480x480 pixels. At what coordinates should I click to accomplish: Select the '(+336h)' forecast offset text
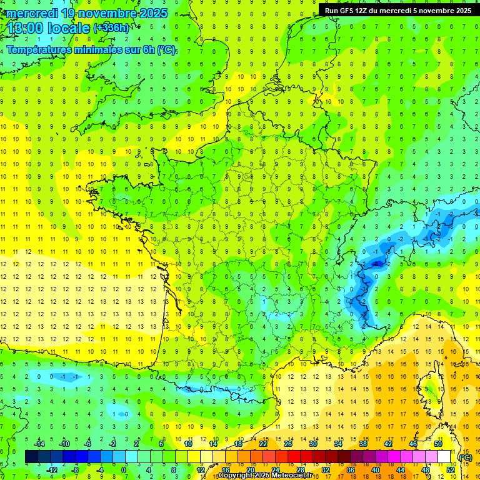point(111,27)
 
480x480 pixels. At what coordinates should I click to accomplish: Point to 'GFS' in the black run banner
point(347,10)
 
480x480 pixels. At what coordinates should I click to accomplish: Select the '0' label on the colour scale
point(124,469)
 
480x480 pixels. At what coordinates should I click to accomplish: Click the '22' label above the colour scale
point(263,444)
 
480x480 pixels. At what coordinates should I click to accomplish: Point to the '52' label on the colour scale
point(451,469)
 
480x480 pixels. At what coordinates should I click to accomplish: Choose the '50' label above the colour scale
point(438,444)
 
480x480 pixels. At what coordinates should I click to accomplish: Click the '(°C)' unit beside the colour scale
point(466,457)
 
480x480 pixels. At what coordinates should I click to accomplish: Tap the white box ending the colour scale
point(444,457)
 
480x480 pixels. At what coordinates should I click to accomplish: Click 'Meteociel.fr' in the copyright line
point(293,476)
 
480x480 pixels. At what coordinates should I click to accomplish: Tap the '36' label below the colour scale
point(350,469)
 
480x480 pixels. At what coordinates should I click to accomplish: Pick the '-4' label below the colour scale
point(99,469)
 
